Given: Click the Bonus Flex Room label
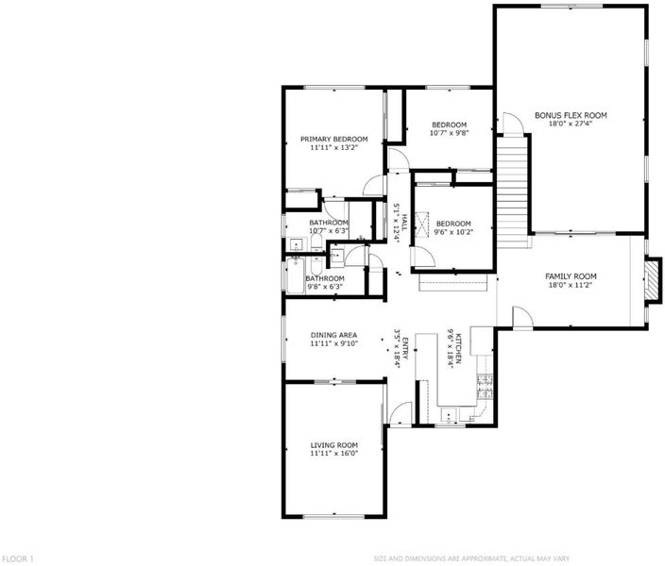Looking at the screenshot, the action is click(571, 115).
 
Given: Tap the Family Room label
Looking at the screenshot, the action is click(571, 276).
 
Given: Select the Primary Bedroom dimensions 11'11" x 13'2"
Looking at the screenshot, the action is click(334, 147).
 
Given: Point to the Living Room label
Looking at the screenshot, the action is click(334, 445).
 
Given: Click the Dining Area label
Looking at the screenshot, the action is click(333, 335).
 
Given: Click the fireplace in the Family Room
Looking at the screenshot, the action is click(653, 280).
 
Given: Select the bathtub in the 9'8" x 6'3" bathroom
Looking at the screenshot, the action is click(296, 275).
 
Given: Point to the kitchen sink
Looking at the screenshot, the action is click(449, 414).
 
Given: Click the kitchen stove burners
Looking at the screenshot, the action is click(485, 387).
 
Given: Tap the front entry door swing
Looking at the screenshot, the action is click(401, 412).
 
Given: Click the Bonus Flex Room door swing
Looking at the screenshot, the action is click(513, 124).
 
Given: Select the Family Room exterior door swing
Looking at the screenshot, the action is click(522, 317).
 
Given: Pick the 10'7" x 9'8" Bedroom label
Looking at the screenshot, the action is click(449, 125).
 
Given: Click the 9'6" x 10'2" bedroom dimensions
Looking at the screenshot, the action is click(453, 232).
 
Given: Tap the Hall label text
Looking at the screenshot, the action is click(404, 223).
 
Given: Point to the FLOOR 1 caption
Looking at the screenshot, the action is click(17, 558).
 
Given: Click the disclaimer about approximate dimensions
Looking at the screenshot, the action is click(471, 558).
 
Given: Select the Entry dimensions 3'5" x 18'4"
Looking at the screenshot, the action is click(398, 348).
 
